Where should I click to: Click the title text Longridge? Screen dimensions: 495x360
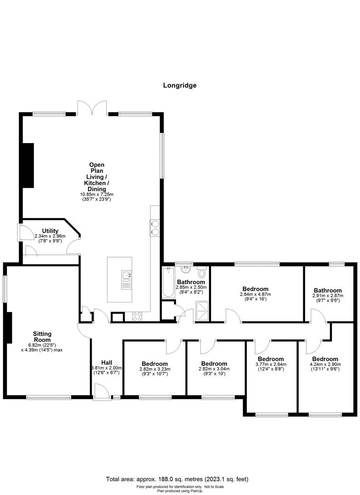point(180,85)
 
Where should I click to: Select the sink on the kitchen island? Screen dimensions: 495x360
point(127,279)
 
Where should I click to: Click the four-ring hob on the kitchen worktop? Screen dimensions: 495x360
point(137,315)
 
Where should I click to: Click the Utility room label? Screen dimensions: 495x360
point(50,231)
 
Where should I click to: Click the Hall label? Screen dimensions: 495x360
point(106,362)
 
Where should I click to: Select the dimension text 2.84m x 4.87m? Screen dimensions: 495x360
point(255,294)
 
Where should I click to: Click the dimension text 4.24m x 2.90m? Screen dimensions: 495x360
point(325,364)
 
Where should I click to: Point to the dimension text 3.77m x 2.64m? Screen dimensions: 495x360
point(271,364)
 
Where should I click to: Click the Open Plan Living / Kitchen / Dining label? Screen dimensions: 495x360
point(97,176)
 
